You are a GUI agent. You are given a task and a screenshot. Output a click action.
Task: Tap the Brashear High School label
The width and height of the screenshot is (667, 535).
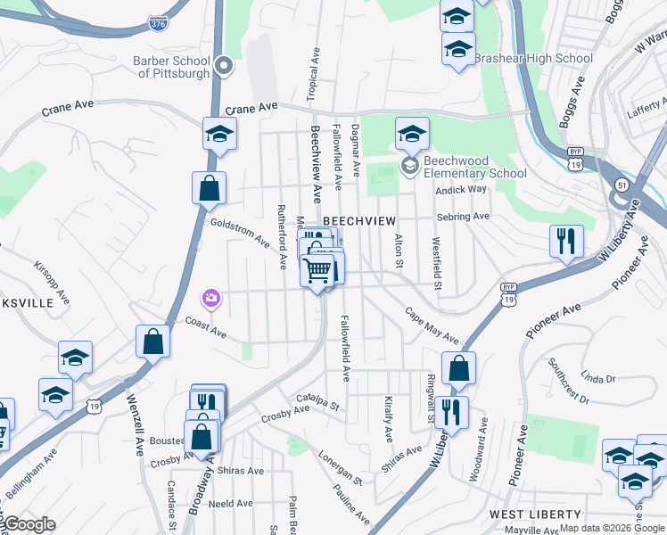(x=532, y=59)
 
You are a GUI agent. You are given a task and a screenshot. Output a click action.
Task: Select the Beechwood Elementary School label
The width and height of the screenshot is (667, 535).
(x=474, y=167)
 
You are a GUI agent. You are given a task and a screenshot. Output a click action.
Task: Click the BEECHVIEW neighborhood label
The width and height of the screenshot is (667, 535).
(x=358, y=219)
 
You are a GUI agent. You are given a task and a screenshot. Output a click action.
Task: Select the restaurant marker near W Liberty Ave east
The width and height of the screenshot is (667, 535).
(x=566, y=241)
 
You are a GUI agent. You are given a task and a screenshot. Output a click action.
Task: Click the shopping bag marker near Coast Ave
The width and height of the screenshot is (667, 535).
(x=152, y=342)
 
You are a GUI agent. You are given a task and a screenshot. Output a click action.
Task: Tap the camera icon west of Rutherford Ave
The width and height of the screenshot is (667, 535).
(x=211, y=298)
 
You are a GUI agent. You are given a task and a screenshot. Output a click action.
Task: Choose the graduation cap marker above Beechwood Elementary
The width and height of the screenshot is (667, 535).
(x=412, y=135)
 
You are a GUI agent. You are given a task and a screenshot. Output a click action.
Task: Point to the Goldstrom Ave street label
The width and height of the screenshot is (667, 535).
(x=238, y=233)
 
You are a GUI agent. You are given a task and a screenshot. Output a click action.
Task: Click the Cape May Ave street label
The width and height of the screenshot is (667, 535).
(x=432, y=327)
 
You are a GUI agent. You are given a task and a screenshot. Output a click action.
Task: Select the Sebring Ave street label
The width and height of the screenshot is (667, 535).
(x=463, y=217)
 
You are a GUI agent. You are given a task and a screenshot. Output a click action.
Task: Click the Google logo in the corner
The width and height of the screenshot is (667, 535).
(x=29, y=524)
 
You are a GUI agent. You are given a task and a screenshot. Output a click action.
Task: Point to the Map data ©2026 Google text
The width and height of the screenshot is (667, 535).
(x=612, y=529)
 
